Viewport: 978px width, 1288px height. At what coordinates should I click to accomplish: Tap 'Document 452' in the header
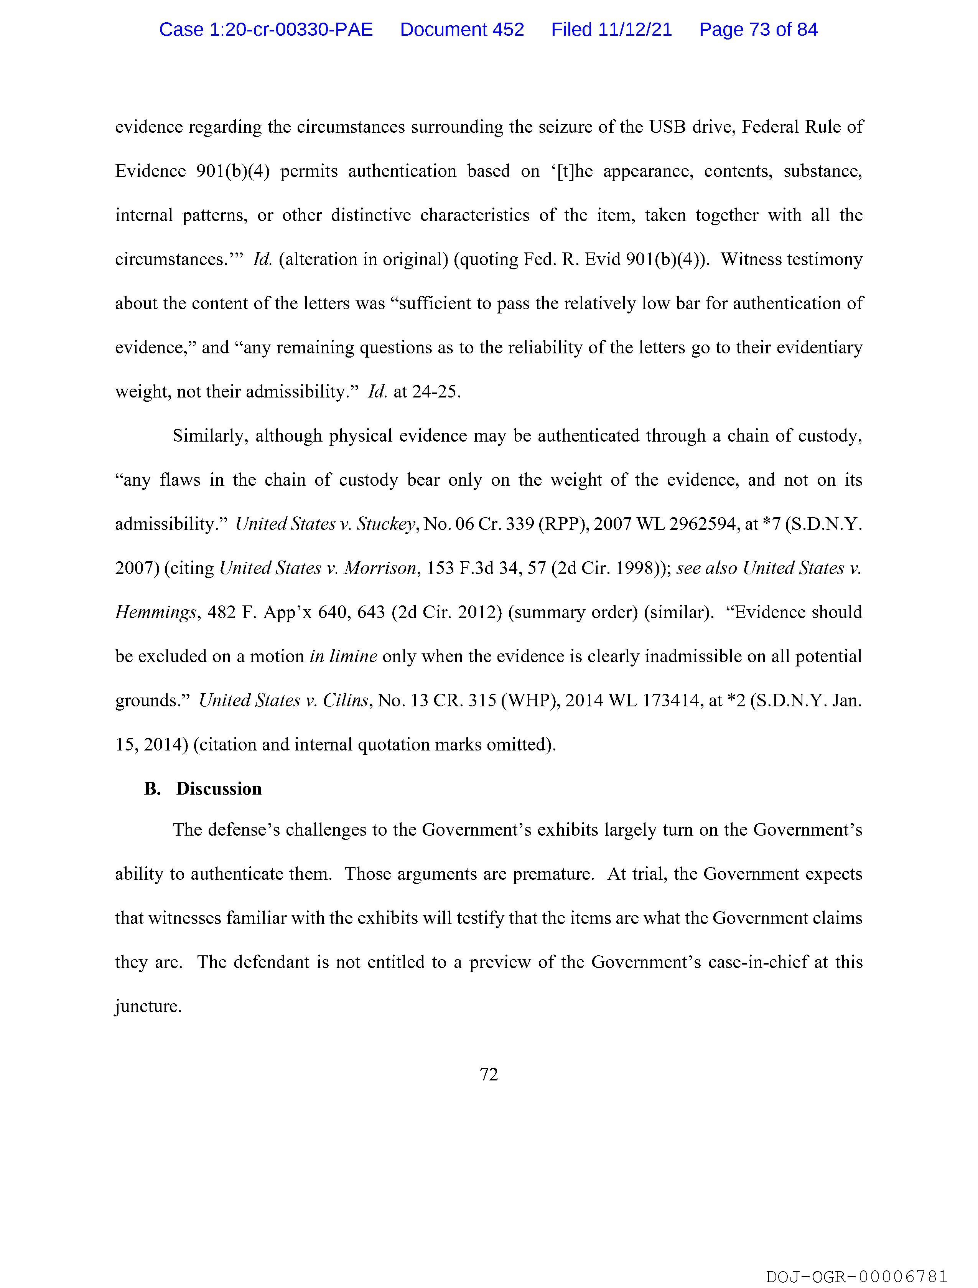coord(462,30)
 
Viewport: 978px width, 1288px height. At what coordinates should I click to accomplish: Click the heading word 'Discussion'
coord(219,789)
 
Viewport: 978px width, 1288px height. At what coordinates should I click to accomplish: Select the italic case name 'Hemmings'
coord(155,613)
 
